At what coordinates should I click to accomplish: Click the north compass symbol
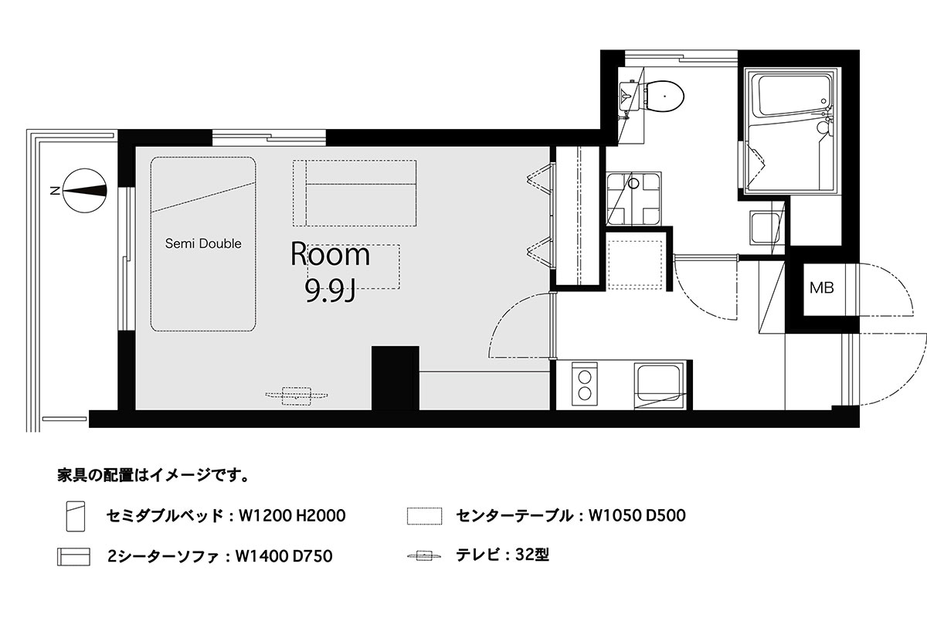click(x=85, y=190)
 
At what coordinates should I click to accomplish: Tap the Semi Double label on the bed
click(x=203, y=243)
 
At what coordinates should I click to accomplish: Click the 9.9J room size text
click(x=331, y=290)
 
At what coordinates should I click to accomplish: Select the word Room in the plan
click(x=331, y=254)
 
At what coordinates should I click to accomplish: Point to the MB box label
click(x=821, y=287)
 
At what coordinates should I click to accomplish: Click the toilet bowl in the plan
click(x=664, y=97)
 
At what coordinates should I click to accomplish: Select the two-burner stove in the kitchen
click(x=585, y=384)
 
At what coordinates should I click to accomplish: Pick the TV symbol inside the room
click(x=297, y=396)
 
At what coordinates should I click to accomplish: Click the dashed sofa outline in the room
click(x=355, y=193)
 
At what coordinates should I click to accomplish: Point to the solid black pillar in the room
click(x=396, y=379)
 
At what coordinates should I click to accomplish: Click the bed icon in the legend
click(x=76, y=516)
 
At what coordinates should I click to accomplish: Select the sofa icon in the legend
click(x=73, y=556)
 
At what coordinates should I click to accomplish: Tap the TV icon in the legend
click(x=424, y=555)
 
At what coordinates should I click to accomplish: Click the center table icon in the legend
click(x=424, y=516)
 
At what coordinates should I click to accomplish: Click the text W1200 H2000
click(x=292, y=516)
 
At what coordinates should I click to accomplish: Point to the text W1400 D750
click(x=284, y=556)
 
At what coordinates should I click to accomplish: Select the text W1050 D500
click(x=637, y=515)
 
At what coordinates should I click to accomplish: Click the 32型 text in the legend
click(x=532, y=555)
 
